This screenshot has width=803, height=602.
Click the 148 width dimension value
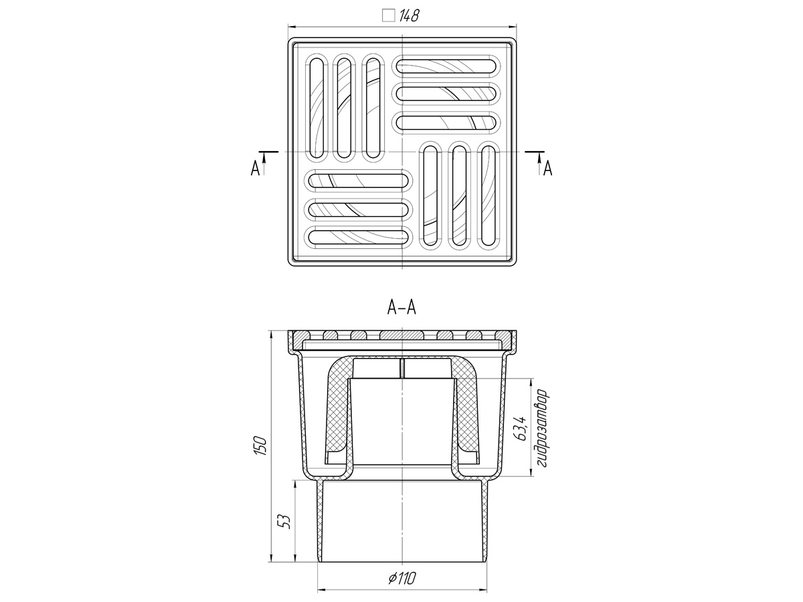point(409,15)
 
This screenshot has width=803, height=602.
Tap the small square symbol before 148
point(389,15)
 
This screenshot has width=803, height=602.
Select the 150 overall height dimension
point(260,445)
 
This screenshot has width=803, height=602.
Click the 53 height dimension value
point(284,522)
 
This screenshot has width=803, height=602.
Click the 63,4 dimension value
point(521,428)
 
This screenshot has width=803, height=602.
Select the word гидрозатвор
point(542,428)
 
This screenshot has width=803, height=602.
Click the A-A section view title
point(401,308)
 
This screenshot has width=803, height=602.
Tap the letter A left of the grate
point(255,169)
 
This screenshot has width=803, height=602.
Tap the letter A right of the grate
point(547,169)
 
